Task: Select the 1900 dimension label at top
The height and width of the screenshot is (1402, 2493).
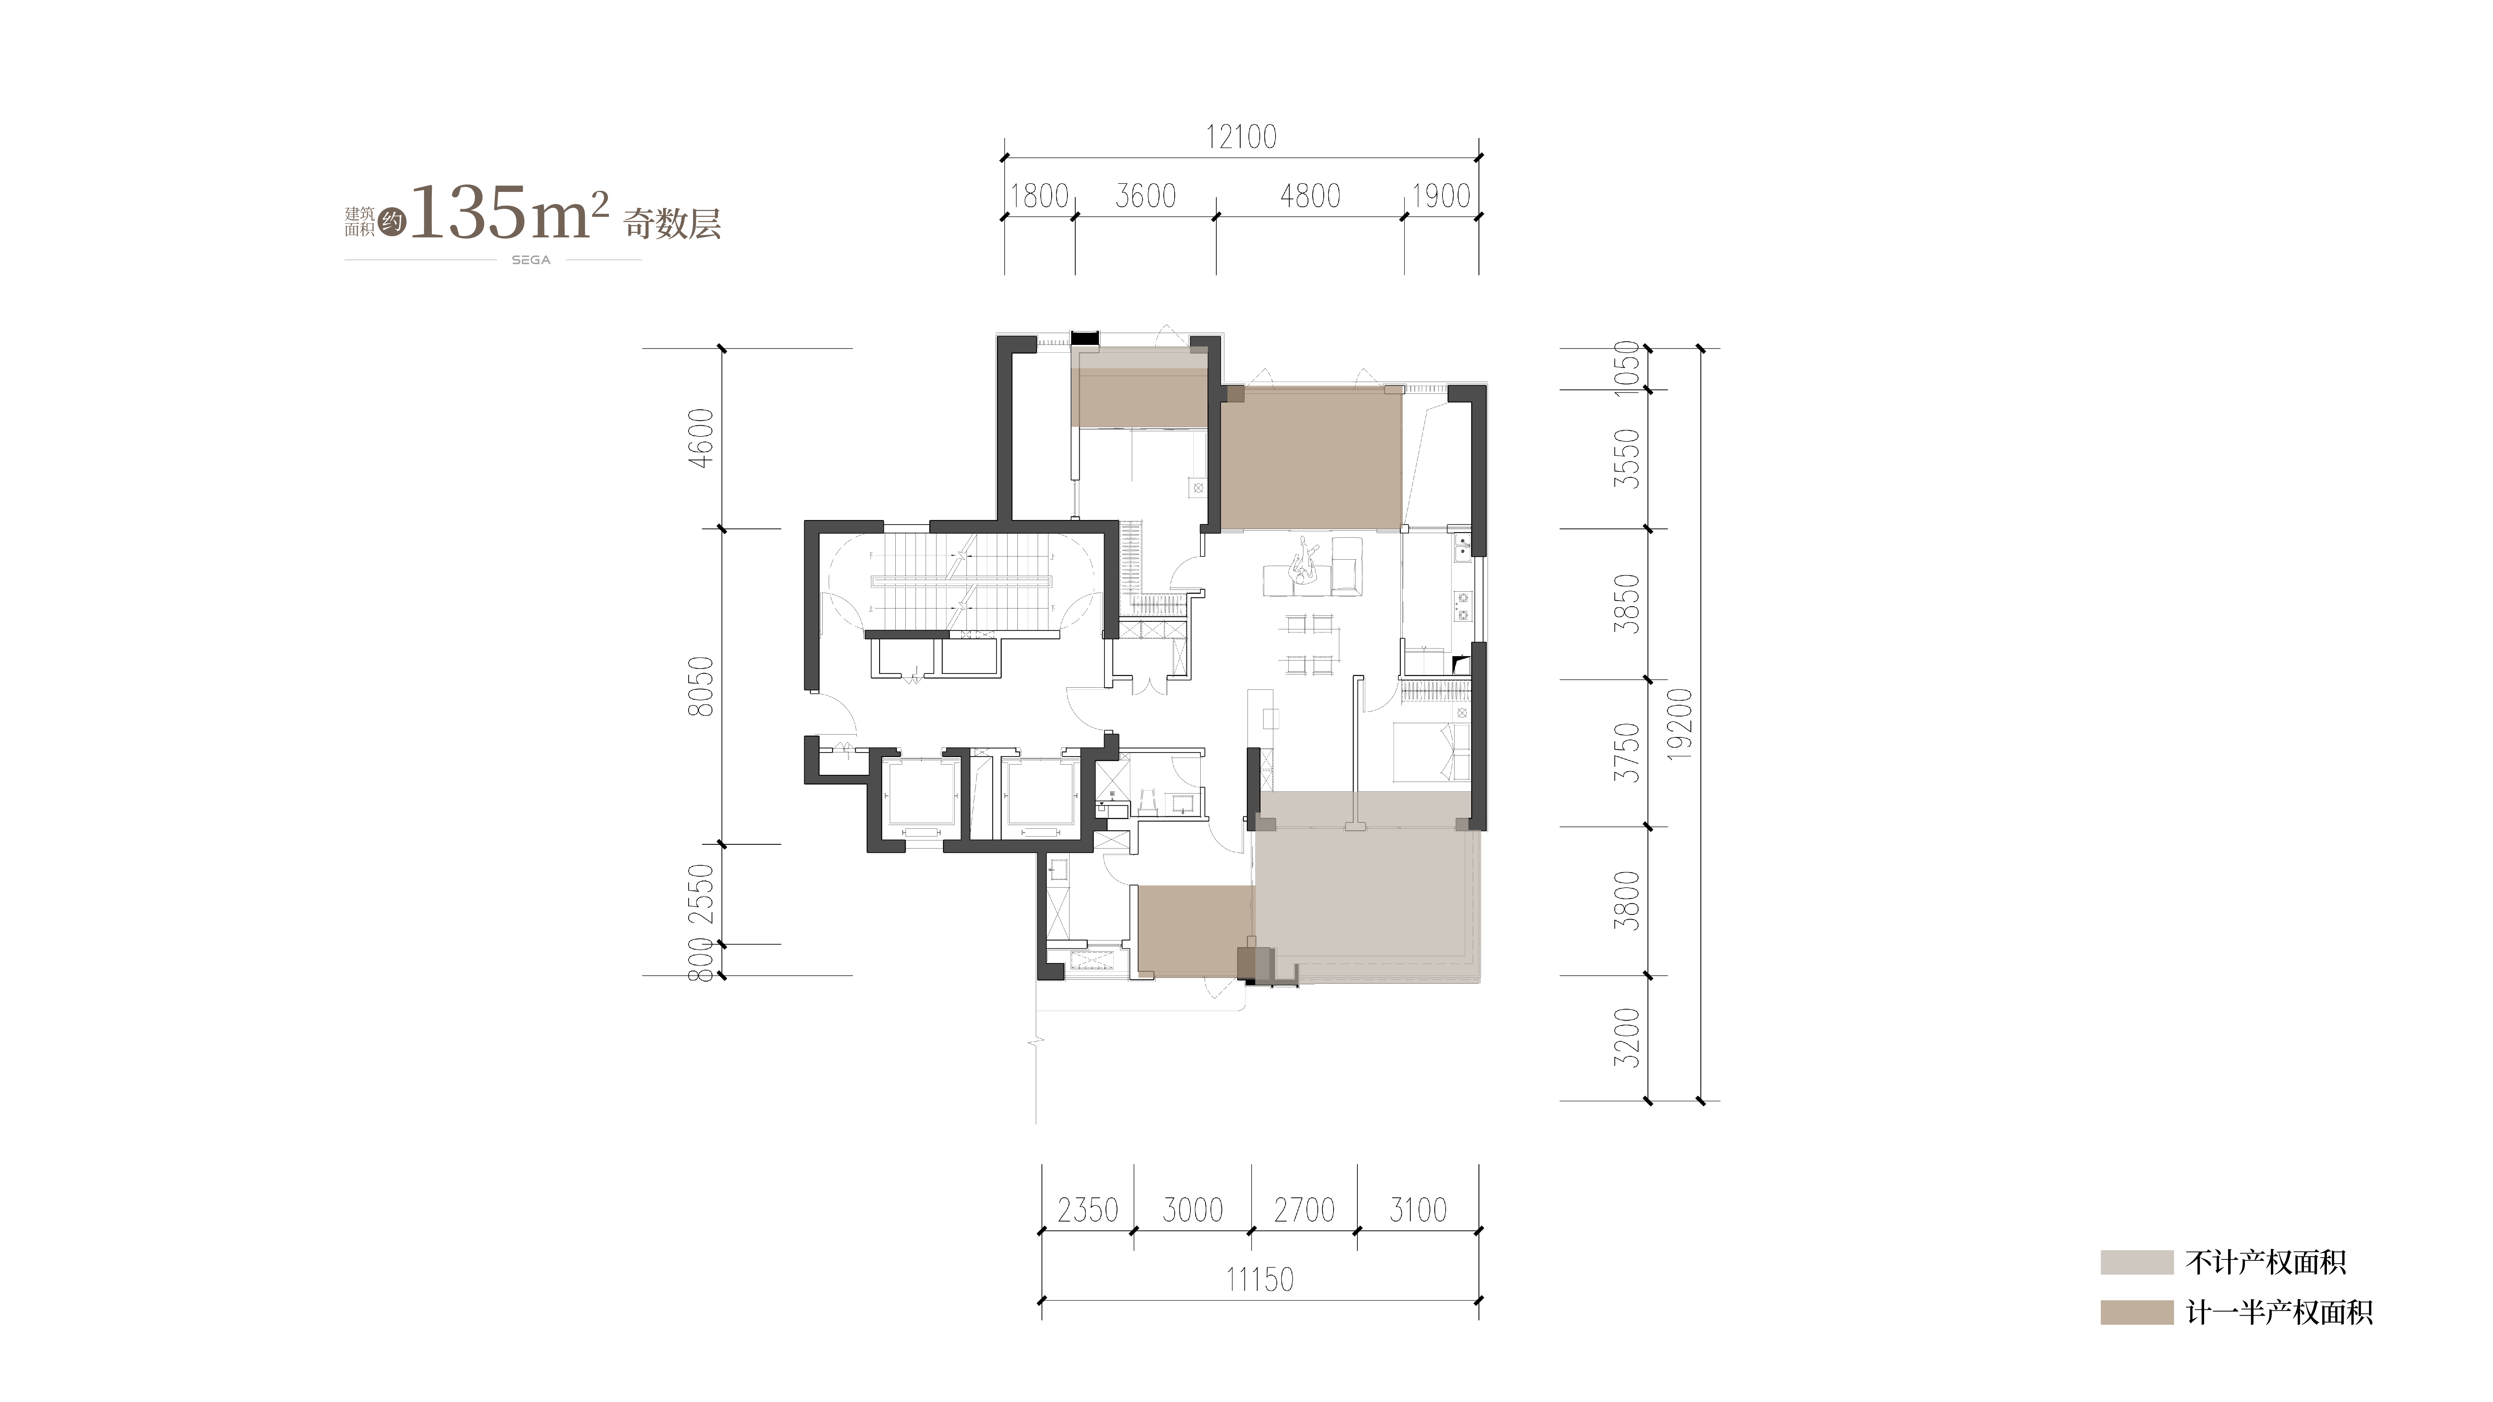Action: point(1441,196)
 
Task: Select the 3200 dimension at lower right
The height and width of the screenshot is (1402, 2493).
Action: point(1629,1037)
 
